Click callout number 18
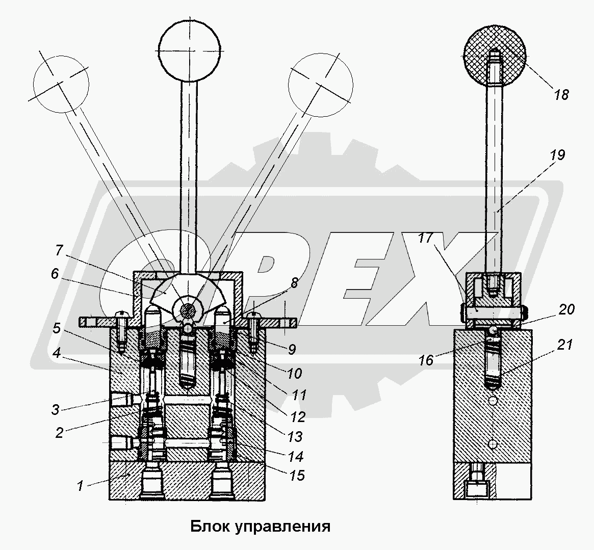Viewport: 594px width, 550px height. coord(561,94)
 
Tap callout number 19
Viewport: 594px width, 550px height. coord(558,155)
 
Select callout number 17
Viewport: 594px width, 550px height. coord(426,238)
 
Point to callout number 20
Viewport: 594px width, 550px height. coord(567,309)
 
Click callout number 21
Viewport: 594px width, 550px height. coord(564,345)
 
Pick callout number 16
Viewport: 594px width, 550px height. coord(426,360)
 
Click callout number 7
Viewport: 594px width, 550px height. coord(59,250)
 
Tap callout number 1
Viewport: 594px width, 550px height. coord(80,486)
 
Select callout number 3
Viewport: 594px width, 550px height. coord(55,409)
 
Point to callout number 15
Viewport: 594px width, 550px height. coord(297,476)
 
